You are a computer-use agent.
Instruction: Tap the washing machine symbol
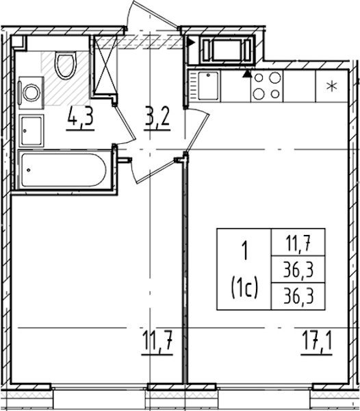pyautogui.click(x=31, y=92)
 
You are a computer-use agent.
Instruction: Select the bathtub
pyautogui.click(x=64, y=170)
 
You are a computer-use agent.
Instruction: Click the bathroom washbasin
pyautogui.click(x=31, y=131)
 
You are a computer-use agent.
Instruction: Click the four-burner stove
pyautogui.click(x=267, y=86)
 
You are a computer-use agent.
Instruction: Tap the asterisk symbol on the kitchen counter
pyautogui.click(x=332, y=86)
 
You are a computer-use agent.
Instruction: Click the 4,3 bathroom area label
pyautogui.click(x=80, y=119)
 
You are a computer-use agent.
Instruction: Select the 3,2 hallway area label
pyautogui.click(x=157, y=119)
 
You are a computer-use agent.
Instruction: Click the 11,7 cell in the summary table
pyautogui.click(x=298, y=243)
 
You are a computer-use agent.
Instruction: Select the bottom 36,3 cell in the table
pyautogui.click(x=298, y=297)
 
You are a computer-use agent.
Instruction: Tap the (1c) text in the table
pyautogui.click(x=244, y=288)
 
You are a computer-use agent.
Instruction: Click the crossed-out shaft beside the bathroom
pyautogui.click(x=105, y=65)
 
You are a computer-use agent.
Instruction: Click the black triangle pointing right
pyautogui.click(x=191, y=42)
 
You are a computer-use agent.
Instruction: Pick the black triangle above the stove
pyautogui.click(x=246, y=74)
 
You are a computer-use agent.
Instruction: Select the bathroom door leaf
pyautogui.click(x=125, y=123)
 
